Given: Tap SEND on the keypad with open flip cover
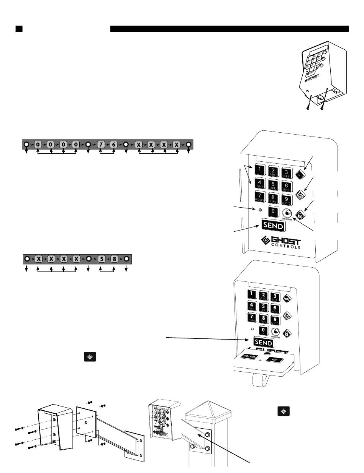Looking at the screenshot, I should [x=264, y=341].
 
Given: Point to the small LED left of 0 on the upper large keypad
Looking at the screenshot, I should [x=260, y=210].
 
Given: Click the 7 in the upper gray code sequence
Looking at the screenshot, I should [x=100, y=145].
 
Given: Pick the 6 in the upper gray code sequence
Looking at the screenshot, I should [x=113, y=145].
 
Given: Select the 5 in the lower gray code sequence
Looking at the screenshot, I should [x=101, y=258].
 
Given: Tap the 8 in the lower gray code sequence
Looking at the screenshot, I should [x=114, y=258].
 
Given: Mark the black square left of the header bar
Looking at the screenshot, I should [x=19, y=29].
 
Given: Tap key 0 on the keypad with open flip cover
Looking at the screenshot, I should [x=263, y=330].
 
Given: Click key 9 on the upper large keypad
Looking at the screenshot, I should [x=286, y=198].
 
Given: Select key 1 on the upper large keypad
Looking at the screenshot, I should [x=260, y=169].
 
